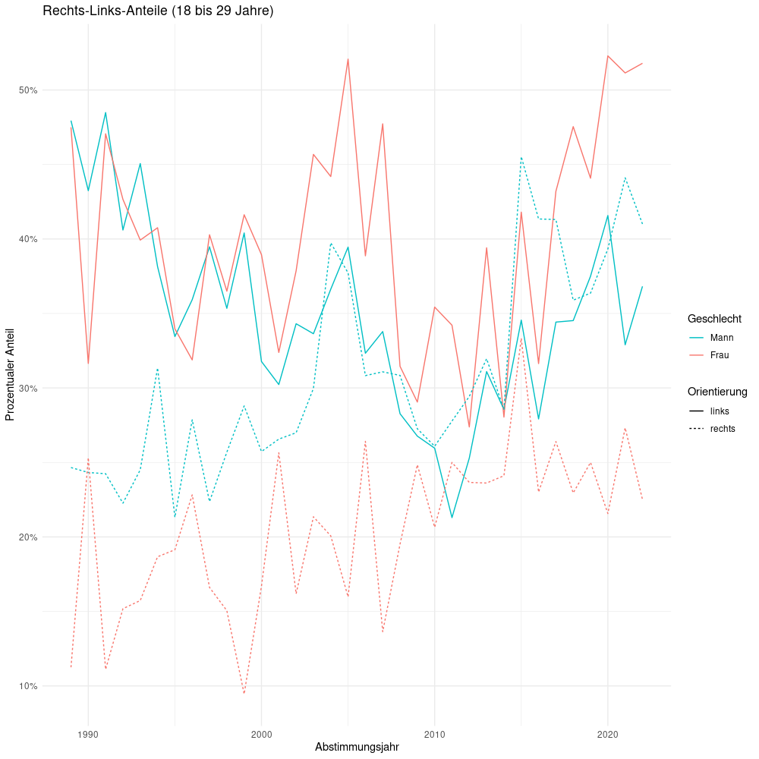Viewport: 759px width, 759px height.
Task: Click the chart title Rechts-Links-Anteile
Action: point(158,11)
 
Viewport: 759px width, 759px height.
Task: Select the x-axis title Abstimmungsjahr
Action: point(357,747)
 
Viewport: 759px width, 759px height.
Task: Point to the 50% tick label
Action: point(28,90)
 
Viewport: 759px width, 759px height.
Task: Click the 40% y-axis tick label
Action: point(28,239)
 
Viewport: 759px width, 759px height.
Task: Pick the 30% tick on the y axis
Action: point(28,388)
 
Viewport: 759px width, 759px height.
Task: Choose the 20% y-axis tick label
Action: point(28,537)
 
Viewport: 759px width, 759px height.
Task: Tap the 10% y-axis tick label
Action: point(28,686)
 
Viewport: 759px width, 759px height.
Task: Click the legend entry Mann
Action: point(721,338)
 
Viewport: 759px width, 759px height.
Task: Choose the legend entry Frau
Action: point(720,355)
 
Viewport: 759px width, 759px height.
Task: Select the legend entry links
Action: point(720,411)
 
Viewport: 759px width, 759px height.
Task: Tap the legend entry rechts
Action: point(723,429)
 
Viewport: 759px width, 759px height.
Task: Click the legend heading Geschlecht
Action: point(714,319)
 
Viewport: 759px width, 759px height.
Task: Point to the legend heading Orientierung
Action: point(717,392)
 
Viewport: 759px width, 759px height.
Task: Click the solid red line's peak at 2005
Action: point(348,58)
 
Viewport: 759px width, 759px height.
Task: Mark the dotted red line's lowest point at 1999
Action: point(244,693)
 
